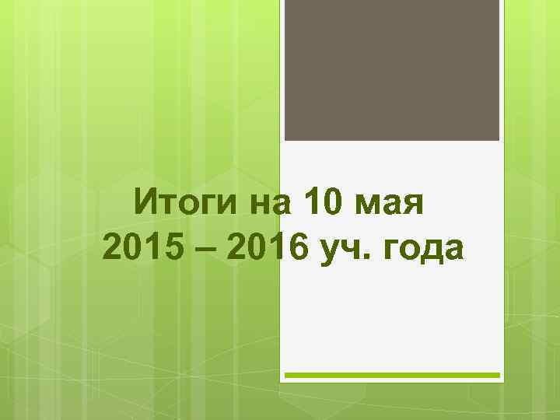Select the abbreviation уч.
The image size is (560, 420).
[x=342, y=250]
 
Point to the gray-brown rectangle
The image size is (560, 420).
[x=391, y=70]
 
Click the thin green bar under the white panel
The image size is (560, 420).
[x=391, y=375]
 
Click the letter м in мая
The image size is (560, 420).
[x=368, y=208]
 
